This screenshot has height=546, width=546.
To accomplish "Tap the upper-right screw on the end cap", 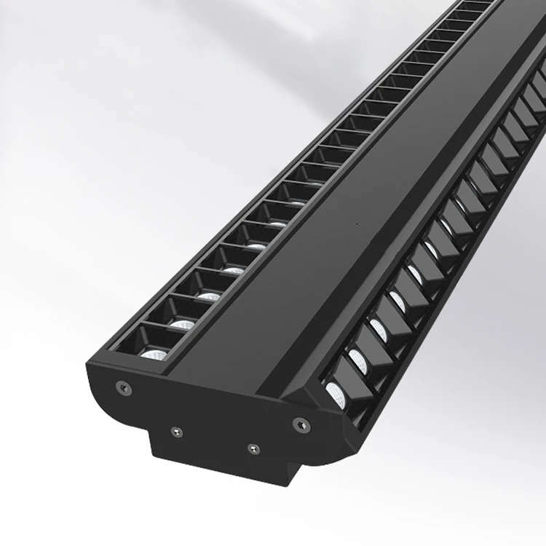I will (x=298, y=422).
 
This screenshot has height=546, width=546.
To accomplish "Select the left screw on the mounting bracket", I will (x=175, y=432).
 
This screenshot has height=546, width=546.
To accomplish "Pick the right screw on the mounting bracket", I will (x=252, y=447).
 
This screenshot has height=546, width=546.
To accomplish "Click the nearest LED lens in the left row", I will (x=154, y=355).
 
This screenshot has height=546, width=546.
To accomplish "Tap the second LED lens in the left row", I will (x=182, y=323).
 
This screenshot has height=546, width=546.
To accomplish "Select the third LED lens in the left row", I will (x=209, y=296).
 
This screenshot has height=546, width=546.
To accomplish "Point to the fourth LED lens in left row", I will (x=233, y=270).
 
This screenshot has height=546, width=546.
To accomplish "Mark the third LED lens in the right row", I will (x=379, y=328).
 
